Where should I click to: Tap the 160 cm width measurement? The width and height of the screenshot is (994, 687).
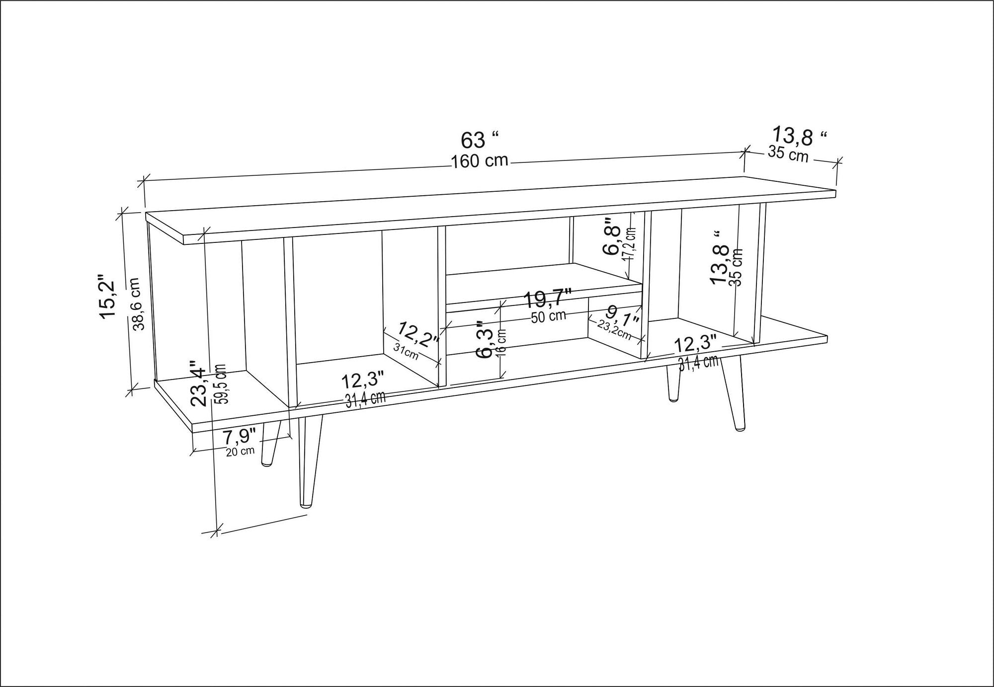(x=480, y=161)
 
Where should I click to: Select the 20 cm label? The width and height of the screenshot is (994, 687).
(x=240, y=452)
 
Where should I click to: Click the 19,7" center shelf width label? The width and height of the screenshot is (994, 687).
(x=548, y=300)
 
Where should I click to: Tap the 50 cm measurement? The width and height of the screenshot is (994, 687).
(x=548, y=316)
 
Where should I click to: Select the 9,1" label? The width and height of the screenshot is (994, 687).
(x=621, y=315)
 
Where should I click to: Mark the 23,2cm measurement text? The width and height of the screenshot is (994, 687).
(x=614, y=329)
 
